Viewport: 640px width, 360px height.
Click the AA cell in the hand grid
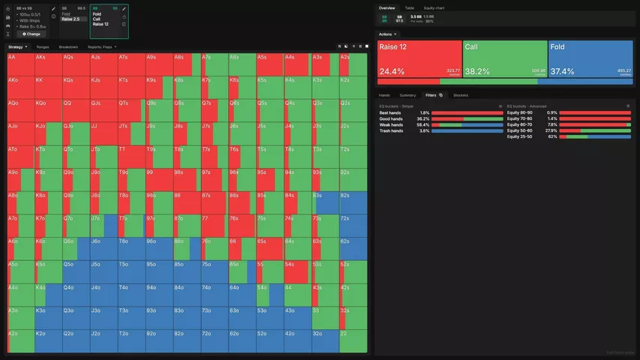pos(19,64)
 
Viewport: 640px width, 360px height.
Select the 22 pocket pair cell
pos(353,341)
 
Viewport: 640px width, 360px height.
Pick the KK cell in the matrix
pos(46,87)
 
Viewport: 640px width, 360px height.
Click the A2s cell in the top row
pos(353,64)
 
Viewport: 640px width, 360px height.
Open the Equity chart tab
pos(435,7)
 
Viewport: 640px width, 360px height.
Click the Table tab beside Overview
pos(409,7)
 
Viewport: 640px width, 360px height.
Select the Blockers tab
pos(461,95)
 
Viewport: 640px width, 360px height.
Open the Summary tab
pos(408,95)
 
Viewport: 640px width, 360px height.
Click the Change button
pos(31,34)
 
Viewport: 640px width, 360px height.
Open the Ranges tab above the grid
pos(43,46)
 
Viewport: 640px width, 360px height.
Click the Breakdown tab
pos(68,46)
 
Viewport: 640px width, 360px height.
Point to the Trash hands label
pos(391,130)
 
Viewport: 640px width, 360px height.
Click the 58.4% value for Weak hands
pos(423,124)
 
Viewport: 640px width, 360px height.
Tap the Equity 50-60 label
pos(519,130)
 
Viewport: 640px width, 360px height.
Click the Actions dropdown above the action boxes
pos(387,34)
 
